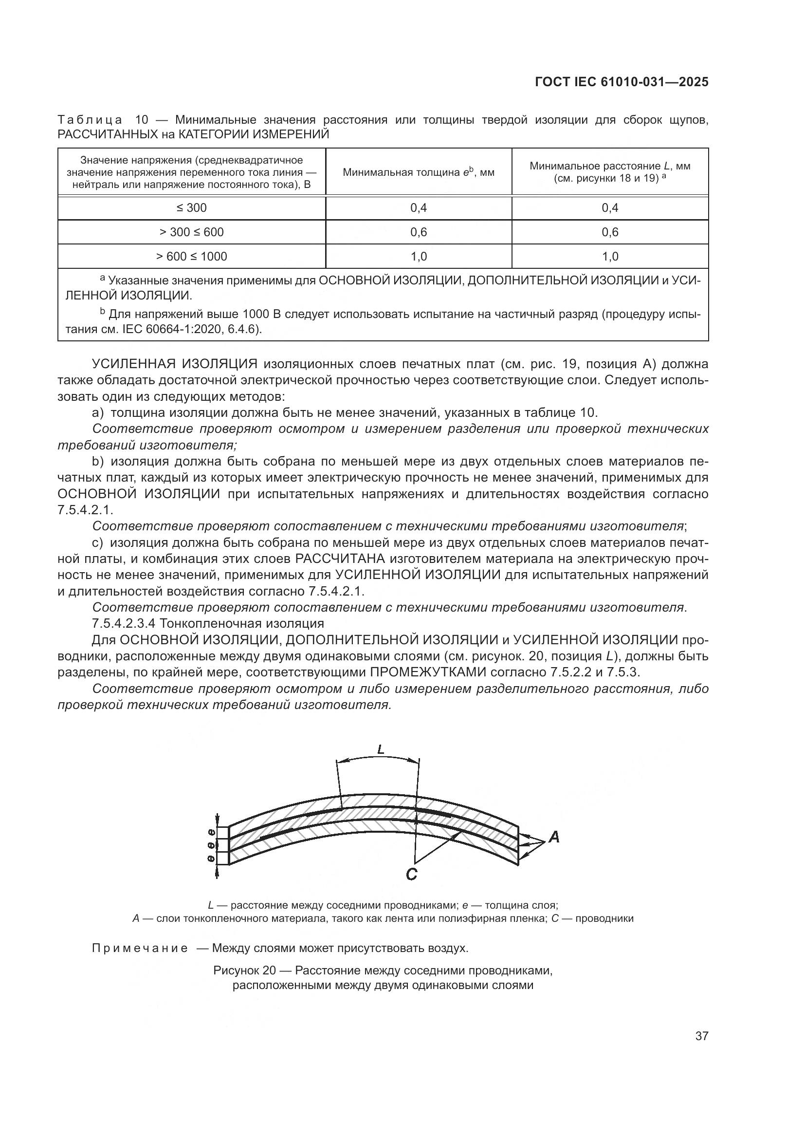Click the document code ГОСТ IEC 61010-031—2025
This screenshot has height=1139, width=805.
pyautogui.click(x=622, y=82)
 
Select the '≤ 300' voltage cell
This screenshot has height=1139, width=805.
pyautogui.click(x=191, y=208)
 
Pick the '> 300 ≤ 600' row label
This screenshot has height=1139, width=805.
pyautogui.click(x=191, y=232)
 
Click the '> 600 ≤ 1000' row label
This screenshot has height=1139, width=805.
pyautogui.click(x=191, y=257)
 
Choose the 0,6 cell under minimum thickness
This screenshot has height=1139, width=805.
pyautogui.click(x=419, y=232)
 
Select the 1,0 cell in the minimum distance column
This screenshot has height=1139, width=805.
pyautogui.click(x=610, y=257)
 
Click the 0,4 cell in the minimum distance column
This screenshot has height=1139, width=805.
pyautogui.click(x=610, y=208)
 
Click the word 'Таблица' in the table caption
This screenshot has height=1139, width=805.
pyautogui.click(x=90, y=120)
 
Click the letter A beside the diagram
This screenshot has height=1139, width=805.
pyautogui.click(x=554, y=838)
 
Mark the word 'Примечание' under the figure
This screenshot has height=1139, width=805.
pyautogui.click(x=140, y=949)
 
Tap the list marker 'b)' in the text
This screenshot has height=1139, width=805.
pyautogui.click(x=98, y=462)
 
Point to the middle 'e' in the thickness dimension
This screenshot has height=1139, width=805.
pyautogui.click(x=212, y=845)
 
